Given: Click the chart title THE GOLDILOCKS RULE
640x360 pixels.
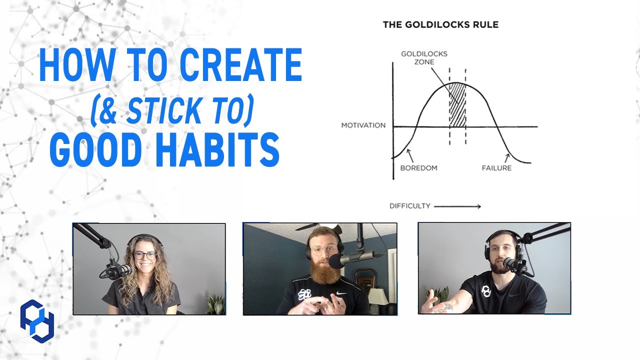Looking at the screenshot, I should click(x=440, y=24).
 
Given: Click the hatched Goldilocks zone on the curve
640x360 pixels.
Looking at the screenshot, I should click(x=457, y=106).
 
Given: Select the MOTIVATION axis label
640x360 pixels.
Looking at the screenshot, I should click(x=363, y=125).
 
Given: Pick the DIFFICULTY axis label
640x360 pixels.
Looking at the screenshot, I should click(x=410, y=206).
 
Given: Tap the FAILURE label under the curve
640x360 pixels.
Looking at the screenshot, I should click(x=496, y=168).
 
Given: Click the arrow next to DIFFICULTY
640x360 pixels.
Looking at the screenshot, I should click(x=457, y=206).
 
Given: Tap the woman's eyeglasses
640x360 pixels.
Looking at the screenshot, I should click(x=144, y=255).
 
